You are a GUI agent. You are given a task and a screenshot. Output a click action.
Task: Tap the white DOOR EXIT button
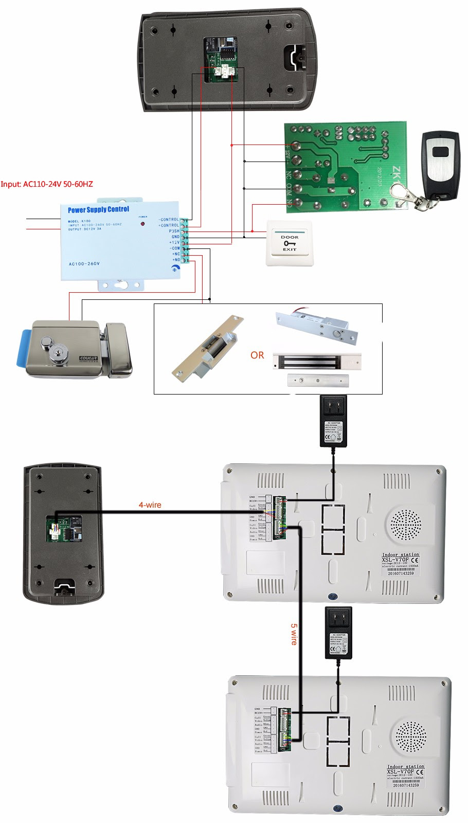coord(290,243)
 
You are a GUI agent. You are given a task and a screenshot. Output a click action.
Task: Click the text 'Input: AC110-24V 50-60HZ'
coord(47,184)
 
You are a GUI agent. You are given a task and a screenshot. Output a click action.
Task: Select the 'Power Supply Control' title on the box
coord(98,209)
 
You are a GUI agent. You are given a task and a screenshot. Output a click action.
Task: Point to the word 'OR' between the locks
coord(257,355)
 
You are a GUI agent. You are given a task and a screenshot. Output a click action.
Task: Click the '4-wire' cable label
coord(150,505)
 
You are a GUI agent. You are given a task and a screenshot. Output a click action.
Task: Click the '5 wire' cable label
coord(294,634)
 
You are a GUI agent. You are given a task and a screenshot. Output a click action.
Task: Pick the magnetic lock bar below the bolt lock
coord(317,362)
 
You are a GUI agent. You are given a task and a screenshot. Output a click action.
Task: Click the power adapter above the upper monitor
coord(333,421)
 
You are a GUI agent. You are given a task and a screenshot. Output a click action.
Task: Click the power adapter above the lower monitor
coord(338,633)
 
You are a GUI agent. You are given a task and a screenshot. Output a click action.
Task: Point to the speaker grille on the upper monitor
coord(405,526)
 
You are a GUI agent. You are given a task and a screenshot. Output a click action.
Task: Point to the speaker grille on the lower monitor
coord(410,737)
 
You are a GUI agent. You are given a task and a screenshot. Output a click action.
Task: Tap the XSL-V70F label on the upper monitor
coord(395,559)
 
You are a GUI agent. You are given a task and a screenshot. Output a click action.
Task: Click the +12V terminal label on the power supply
coord(174,242)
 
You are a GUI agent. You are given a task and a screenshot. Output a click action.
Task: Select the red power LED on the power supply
coord(142,224)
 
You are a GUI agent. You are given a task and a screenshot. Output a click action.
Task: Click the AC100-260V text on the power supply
coord(84,264)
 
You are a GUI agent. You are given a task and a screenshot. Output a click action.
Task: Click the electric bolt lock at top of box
coord(316,327)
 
